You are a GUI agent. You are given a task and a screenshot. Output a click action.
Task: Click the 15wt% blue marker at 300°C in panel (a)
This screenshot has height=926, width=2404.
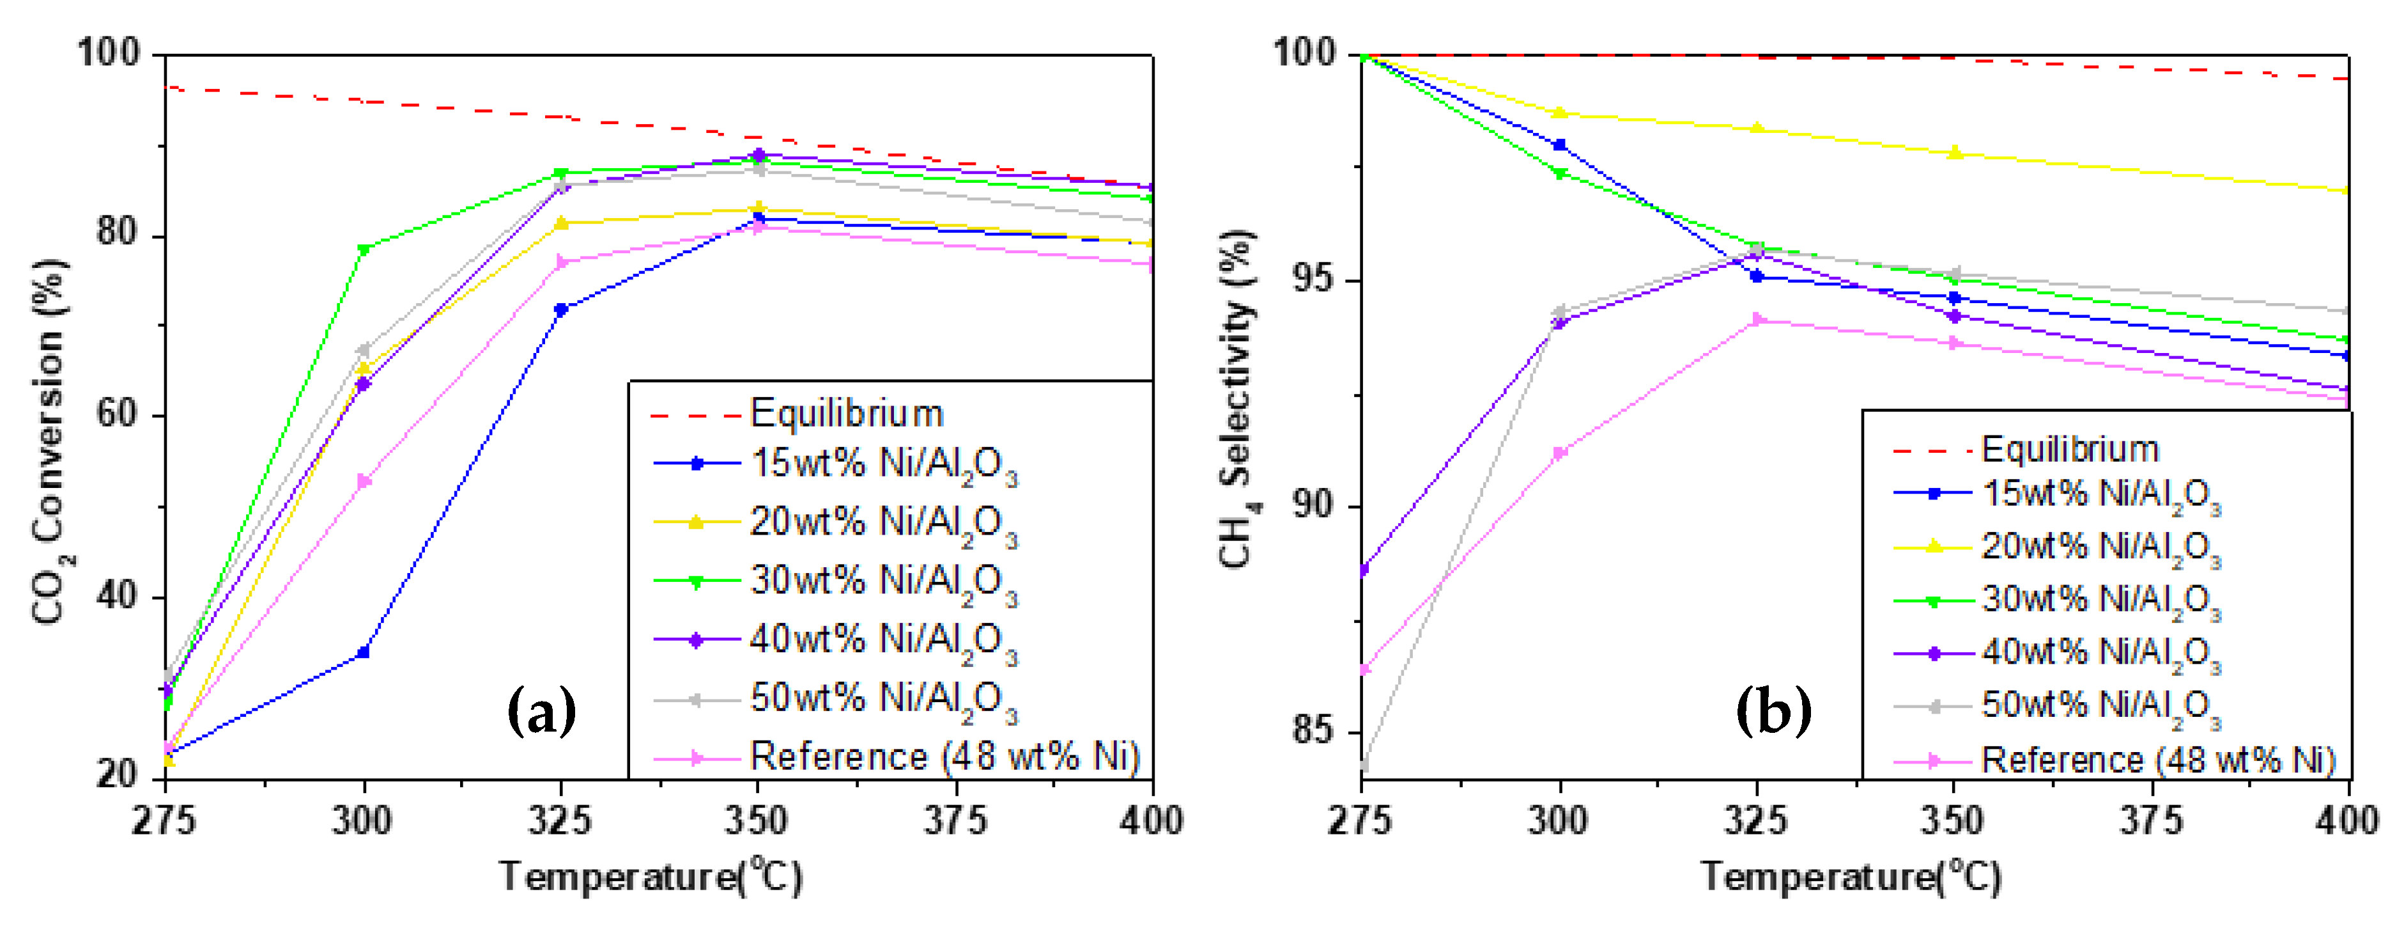[363, 652]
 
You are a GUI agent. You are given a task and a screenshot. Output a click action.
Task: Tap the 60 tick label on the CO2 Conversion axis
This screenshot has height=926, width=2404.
[118, 416]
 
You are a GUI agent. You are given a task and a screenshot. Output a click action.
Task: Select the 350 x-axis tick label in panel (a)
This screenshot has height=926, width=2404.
[756, 820]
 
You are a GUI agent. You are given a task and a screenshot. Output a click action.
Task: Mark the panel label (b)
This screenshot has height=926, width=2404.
[1773, 710]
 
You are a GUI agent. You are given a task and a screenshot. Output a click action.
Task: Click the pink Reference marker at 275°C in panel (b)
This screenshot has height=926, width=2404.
[1364, 670]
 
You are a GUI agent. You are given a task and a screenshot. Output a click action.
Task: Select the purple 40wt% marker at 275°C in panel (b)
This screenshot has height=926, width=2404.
[1364, 569]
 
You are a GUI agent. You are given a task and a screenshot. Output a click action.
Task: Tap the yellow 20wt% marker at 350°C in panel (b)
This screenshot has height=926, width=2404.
[1954, 153]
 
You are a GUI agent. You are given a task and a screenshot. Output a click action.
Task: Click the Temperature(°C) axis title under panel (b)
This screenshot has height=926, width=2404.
[1851, 877]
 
